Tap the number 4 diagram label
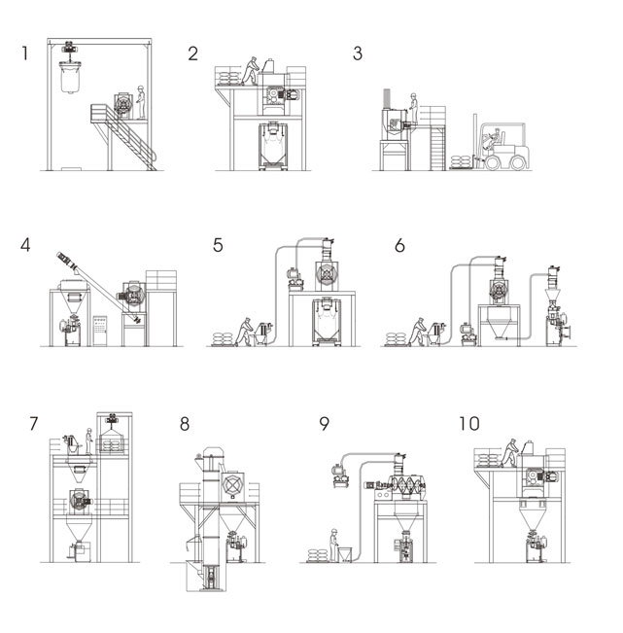tap(26, 245)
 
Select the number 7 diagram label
tap(34, 424)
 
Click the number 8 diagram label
tap(185, 424)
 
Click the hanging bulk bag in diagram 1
tap(71, 78)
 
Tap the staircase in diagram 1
tap(135, 141)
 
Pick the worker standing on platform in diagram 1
tap(142, 100)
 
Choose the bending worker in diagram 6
tap(420, 330)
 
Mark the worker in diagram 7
tap(89, 440)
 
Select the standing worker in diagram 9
tap(332, 541)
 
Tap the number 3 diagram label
tap(358, 53)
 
